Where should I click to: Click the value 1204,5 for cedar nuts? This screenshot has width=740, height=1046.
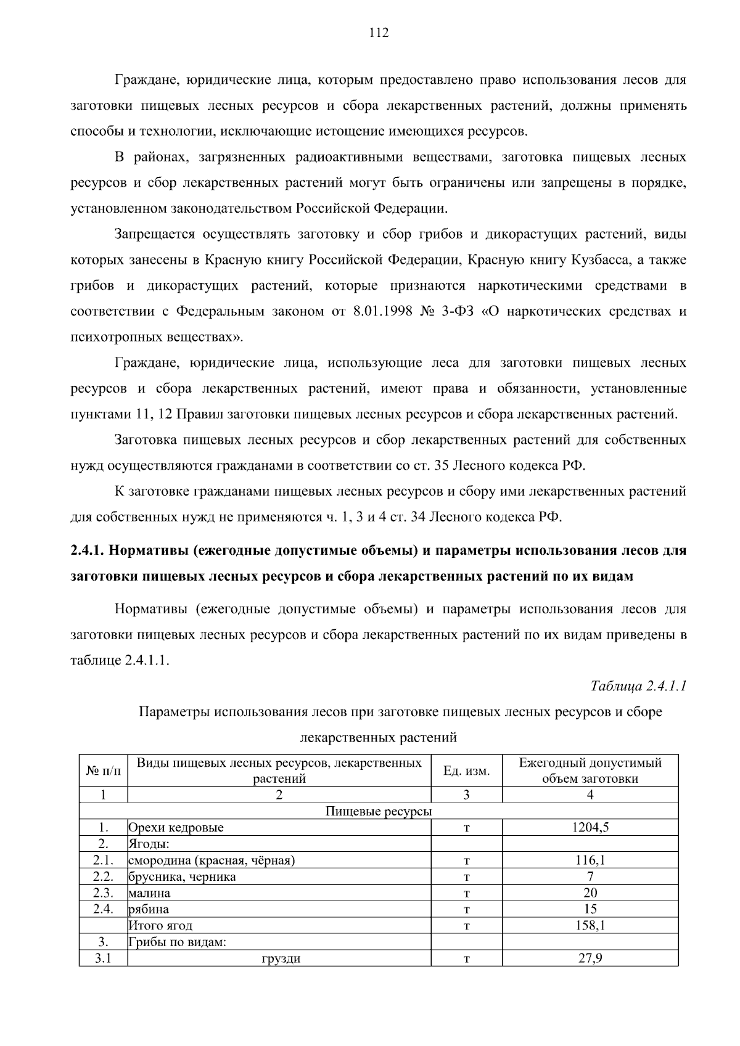pyautogui.click(x=590, y=828)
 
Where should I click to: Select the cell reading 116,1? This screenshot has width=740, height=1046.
pyautogui.click(x=590, y=860)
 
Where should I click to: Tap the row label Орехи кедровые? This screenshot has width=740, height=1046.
pyautogui.click(x=176, y=828)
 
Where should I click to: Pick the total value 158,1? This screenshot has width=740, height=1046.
pyautogui.click(x=590, y=926)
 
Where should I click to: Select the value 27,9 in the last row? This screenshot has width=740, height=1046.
pyautogui.click(x=590, y=958)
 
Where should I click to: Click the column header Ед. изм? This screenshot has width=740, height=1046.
pyautogui.click(x=467, y=771)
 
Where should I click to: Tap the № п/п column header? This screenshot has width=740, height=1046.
pyautogui.click(x=104, y=771)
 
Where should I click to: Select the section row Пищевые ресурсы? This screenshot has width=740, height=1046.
pyautogui.click(x=379, y=811)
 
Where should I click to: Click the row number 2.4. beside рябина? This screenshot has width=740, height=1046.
pyautogui.click(x=104, y=909)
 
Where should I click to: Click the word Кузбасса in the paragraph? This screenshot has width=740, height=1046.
pyautogui.click(x=596, y=260)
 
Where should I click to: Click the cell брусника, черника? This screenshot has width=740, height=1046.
pyautogui.click(x=183, y=876)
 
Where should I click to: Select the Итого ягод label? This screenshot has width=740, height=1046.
pyautogui.click(x=160, y=926)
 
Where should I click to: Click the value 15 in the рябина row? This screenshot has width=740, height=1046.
pyautogui.click(x=590, y=909)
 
